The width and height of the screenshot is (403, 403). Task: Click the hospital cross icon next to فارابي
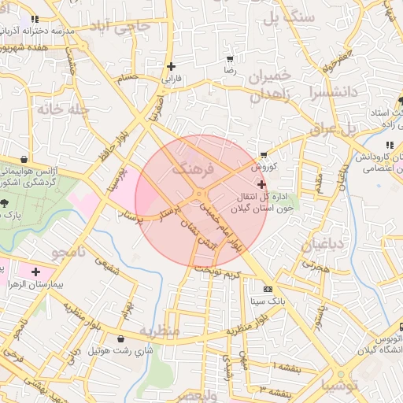click(x=171, y=67)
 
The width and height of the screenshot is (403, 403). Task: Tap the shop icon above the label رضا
click(x=230, y=59)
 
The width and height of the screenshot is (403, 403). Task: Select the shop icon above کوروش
click(x=263, y=155)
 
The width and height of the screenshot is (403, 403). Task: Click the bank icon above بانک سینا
click(x=267, y=289)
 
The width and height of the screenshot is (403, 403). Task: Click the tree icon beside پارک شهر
click(x=6, y=203)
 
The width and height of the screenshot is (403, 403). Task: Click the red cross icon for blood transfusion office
click(x=261, y=183)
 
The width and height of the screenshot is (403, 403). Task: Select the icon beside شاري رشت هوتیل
click(x=120, y=339)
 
